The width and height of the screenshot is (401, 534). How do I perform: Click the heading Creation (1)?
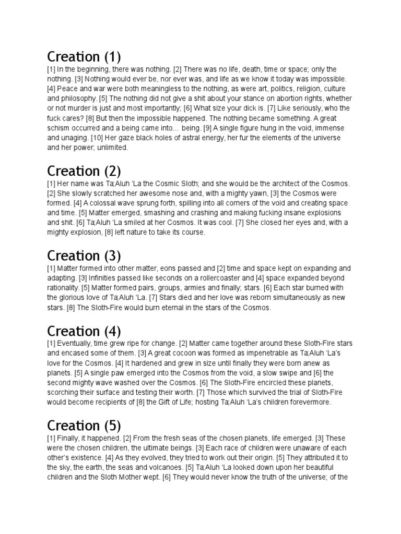point(84,57)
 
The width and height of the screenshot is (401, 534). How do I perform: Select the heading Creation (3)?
point(84,256)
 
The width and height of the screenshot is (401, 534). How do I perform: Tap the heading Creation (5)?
point(84,426)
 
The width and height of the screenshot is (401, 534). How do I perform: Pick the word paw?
point(115,373)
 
